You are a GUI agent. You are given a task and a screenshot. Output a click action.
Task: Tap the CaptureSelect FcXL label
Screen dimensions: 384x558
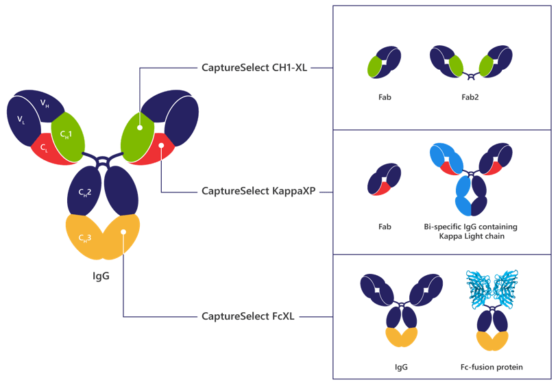tap(248, 316)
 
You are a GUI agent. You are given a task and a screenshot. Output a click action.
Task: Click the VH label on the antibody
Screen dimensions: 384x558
tap(44, 103)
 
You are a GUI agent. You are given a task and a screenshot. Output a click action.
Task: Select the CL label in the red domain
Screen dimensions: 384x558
tap(44, 147)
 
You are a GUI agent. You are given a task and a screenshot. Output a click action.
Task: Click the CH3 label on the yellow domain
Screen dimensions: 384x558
tap(85, 238)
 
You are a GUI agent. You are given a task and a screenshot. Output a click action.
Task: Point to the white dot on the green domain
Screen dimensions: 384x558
tap(139, 127)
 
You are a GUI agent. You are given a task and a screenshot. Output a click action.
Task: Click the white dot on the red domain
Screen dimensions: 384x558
tap(160, 144)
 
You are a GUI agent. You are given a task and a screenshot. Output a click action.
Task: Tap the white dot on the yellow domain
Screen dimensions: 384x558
tap(123, 232)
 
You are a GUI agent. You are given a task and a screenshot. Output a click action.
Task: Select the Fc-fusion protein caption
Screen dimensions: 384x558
tap(492, 368)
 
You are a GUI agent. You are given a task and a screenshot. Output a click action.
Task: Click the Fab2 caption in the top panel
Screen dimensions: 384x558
tap(470, 98)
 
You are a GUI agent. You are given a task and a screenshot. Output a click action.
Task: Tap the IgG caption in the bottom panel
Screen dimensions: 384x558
tap(402, 368)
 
